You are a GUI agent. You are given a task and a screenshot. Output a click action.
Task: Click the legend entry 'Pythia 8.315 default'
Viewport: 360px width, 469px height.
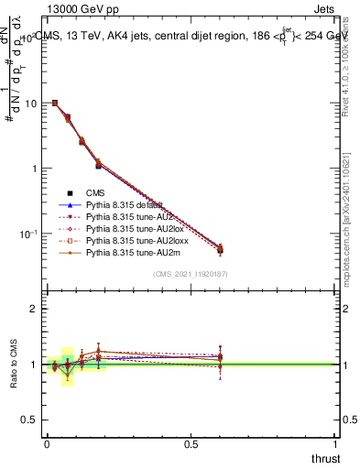[x=125, y=205]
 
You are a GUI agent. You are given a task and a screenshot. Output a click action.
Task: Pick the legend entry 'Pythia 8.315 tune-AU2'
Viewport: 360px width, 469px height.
[x=128, y=217]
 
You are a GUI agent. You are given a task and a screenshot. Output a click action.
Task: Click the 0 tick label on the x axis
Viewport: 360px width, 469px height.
[x=47, y=445]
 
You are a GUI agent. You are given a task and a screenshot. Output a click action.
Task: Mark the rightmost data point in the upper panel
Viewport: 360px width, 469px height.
[x=220, y=249]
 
